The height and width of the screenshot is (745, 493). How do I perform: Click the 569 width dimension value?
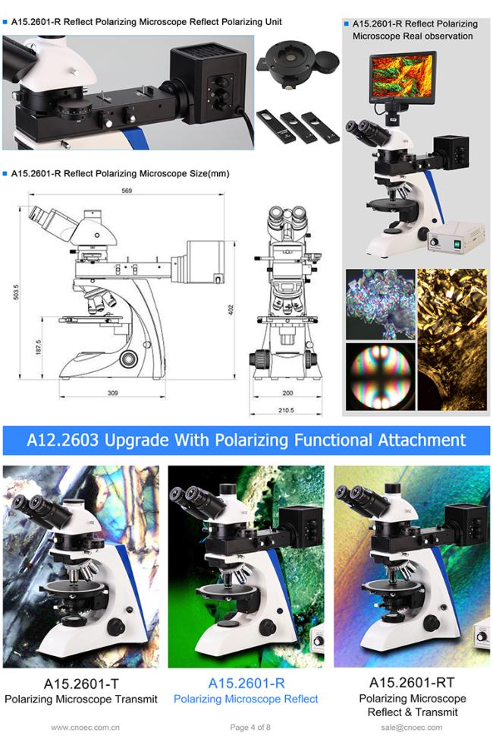pyautogui.click(x=127, y=191)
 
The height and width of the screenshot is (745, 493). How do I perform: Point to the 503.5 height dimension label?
pyautogui.click(x=16, y=292)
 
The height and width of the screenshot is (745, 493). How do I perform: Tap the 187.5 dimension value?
pyautogui.click(x=39, y=347)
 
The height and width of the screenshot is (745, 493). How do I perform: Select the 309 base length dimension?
pyautogui.click(x=112, y=393)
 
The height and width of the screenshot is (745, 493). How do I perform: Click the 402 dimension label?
pyautogui.click(x=231, y=311)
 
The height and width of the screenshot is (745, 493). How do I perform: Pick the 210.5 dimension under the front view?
pyautogui.click(x=286, y=410)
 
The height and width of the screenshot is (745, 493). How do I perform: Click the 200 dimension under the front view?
pyautogui.click(x=287, y=393)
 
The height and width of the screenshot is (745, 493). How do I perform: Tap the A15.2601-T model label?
pyautogui.click(x=81, y=683)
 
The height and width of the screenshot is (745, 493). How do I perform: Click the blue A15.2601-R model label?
pyautogui.click(x=246, y=683)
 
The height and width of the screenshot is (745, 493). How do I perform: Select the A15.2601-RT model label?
pyautogui.click(x=412, y=683)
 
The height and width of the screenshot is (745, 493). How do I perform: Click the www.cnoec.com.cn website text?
pyautogui.click(x=86, y=727)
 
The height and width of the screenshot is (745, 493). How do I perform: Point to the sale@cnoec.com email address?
pyautogui.click(x=411, y=727)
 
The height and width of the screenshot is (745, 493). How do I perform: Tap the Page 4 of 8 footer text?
pyautogui.click(x=250, y=727)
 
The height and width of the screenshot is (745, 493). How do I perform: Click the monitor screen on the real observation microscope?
pyautogui.click(x=403, y=75)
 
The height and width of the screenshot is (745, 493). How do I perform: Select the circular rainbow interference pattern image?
pyautogui.click(x=380, y=377)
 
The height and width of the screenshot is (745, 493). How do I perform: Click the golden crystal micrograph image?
pyautogui.click(x=452, y=339)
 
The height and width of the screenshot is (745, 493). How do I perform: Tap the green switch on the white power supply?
pyautogui.click(x=457, y=244)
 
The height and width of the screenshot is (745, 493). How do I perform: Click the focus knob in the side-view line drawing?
pyautogui.click(x=129, y=358)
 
